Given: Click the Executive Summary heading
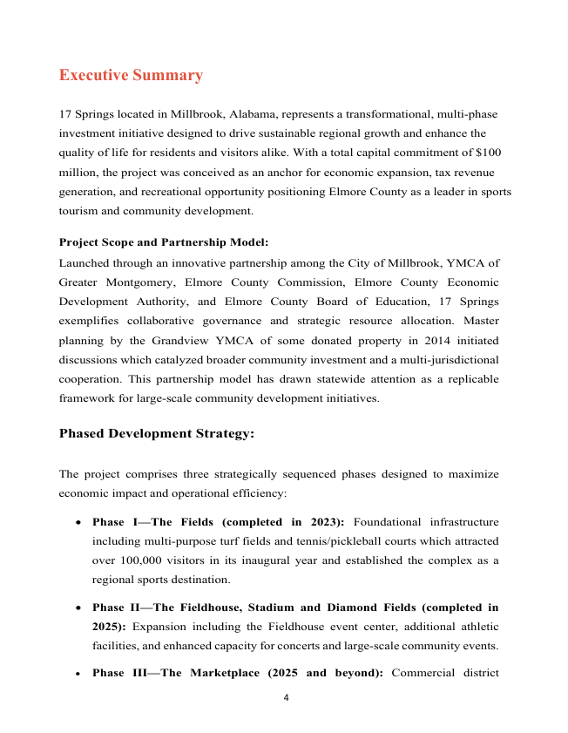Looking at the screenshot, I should point(131,75).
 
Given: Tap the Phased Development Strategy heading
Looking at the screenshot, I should point(157,433).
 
